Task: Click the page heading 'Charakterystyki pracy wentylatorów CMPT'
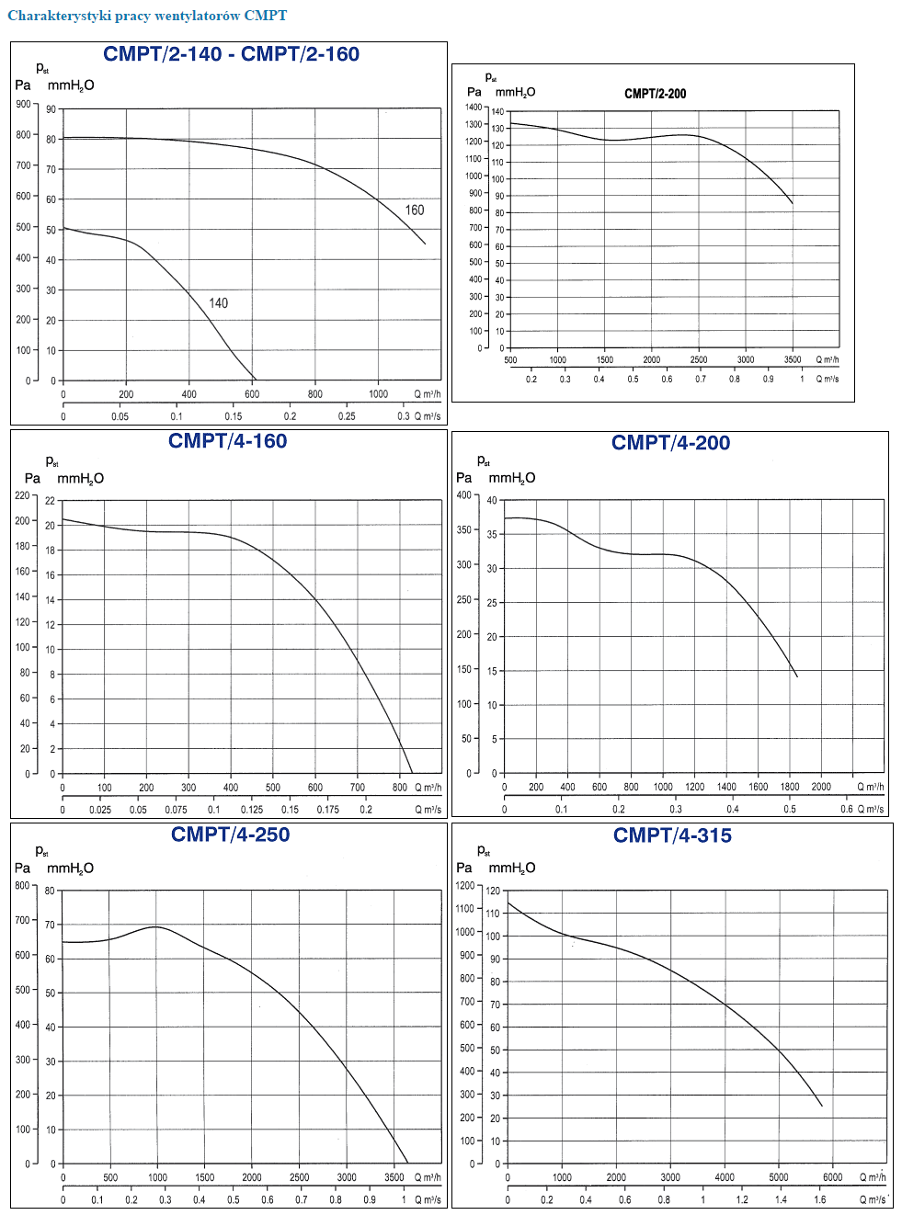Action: pos(147,16)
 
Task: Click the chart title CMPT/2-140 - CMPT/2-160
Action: pos(231,54)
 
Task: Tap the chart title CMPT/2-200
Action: pos(655,94)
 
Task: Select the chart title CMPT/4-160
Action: pos(227,441)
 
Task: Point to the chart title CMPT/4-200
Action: pos(670,443)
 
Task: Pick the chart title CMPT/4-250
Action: pos(230,835)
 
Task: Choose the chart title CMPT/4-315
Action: pos(672,835)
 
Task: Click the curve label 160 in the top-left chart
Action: pos(415,210)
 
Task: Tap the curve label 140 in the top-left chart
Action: pos(218,303)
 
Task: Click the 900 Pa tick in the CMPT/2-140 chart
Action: pos(23,105)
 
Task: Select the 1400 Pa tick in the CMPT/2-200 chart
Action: pos(473,108)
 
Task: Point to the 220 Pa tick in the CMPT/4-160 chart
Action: pos(22,495)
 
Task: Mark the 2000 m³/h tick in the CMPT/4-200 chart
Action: pos(821,787)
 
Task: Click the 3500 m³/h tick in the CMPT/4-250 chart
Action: pos(394,1177)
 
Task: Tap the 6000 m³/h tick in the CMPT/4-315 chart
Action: pos(832,1177)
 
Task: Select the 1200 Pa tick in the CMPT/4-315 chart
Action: pos(465,886)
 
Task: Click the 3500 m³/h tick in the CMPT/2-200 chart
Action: pos(793,360)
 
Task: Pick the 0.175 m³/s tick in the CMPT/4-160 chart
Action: pos(327,810)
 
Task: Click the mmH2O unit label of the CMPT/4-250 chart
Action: pos(70,869)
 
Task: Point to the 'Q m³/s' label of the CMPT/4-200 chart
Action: pos(871,810)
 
